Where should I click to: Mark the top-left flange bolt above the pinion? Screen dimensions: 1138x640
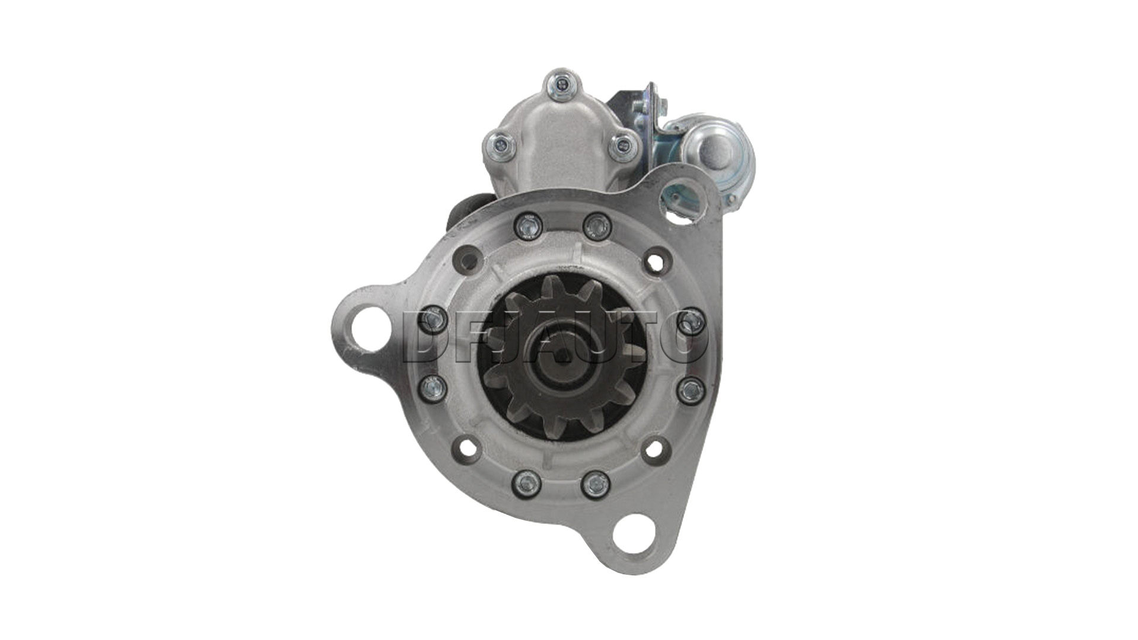click(x=527, y=226)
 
